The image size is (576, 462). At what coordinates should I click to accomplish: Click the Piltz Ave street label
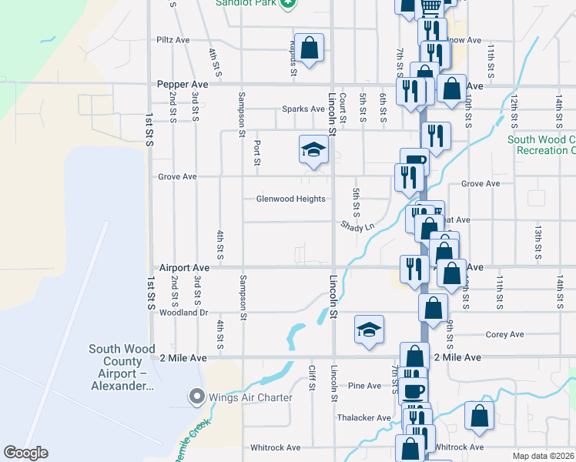(172, 39)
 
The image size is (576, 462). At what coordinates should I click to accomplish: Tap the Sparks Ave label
(303, 109)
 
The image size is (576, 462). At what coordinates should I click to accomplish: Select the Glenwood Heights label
(290, 199)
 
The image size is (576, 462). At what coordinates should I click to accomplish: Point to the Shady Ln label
(358, 226)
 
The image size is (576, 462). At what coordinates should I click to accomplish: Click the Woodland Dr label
(183, 313)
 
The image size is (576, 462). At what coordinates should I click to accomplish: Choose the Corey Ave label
(505, 334)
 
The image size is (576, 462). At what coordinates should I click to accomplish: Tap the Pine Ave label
(364, 386)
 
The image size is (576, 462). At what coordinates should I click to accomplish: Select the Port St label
(256, 152)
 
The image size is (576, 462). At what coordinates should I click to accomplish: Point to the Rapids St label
(293, 59)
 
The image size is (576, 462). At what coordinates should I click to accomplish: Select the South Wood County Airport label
(126, 367)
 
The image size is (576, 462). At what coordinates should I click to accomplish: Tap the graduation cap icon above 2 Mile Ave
(369, 330)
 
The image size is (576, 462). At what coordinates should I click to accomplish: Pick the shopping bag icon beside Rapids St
(309, 49)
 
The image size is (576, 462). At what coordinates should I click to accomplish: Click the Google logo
(26, 453)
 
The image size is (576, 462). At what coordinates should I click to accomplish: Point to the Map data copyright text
(544, 456)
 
